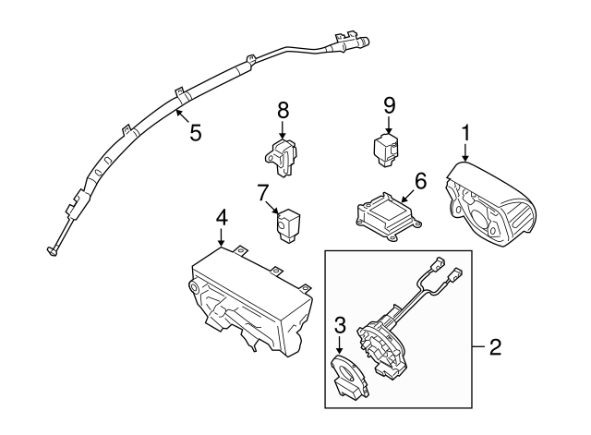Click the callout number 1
tap(465, 133)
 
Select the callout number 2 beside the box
tap(495, 346)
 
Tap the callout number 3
tap(340, 325)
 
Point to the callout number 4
tap(222, 218)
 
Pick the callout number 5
tap(195, 133)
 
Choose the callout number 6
tap(420, 181)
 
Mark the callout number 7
tap(264, 193)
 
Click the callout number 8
tap(283, 111)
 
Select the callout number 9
tap(390, 105)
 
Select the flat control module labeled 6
tap(388, 216)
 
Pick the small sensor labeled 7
tap(288, 224)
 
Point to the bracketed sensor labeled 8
tap(281, 157)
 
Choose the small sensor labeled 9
tap(386, 150)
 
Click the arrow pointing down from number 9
tap(389, 125)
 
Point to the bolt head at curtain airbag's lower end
tap(52, 251)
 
